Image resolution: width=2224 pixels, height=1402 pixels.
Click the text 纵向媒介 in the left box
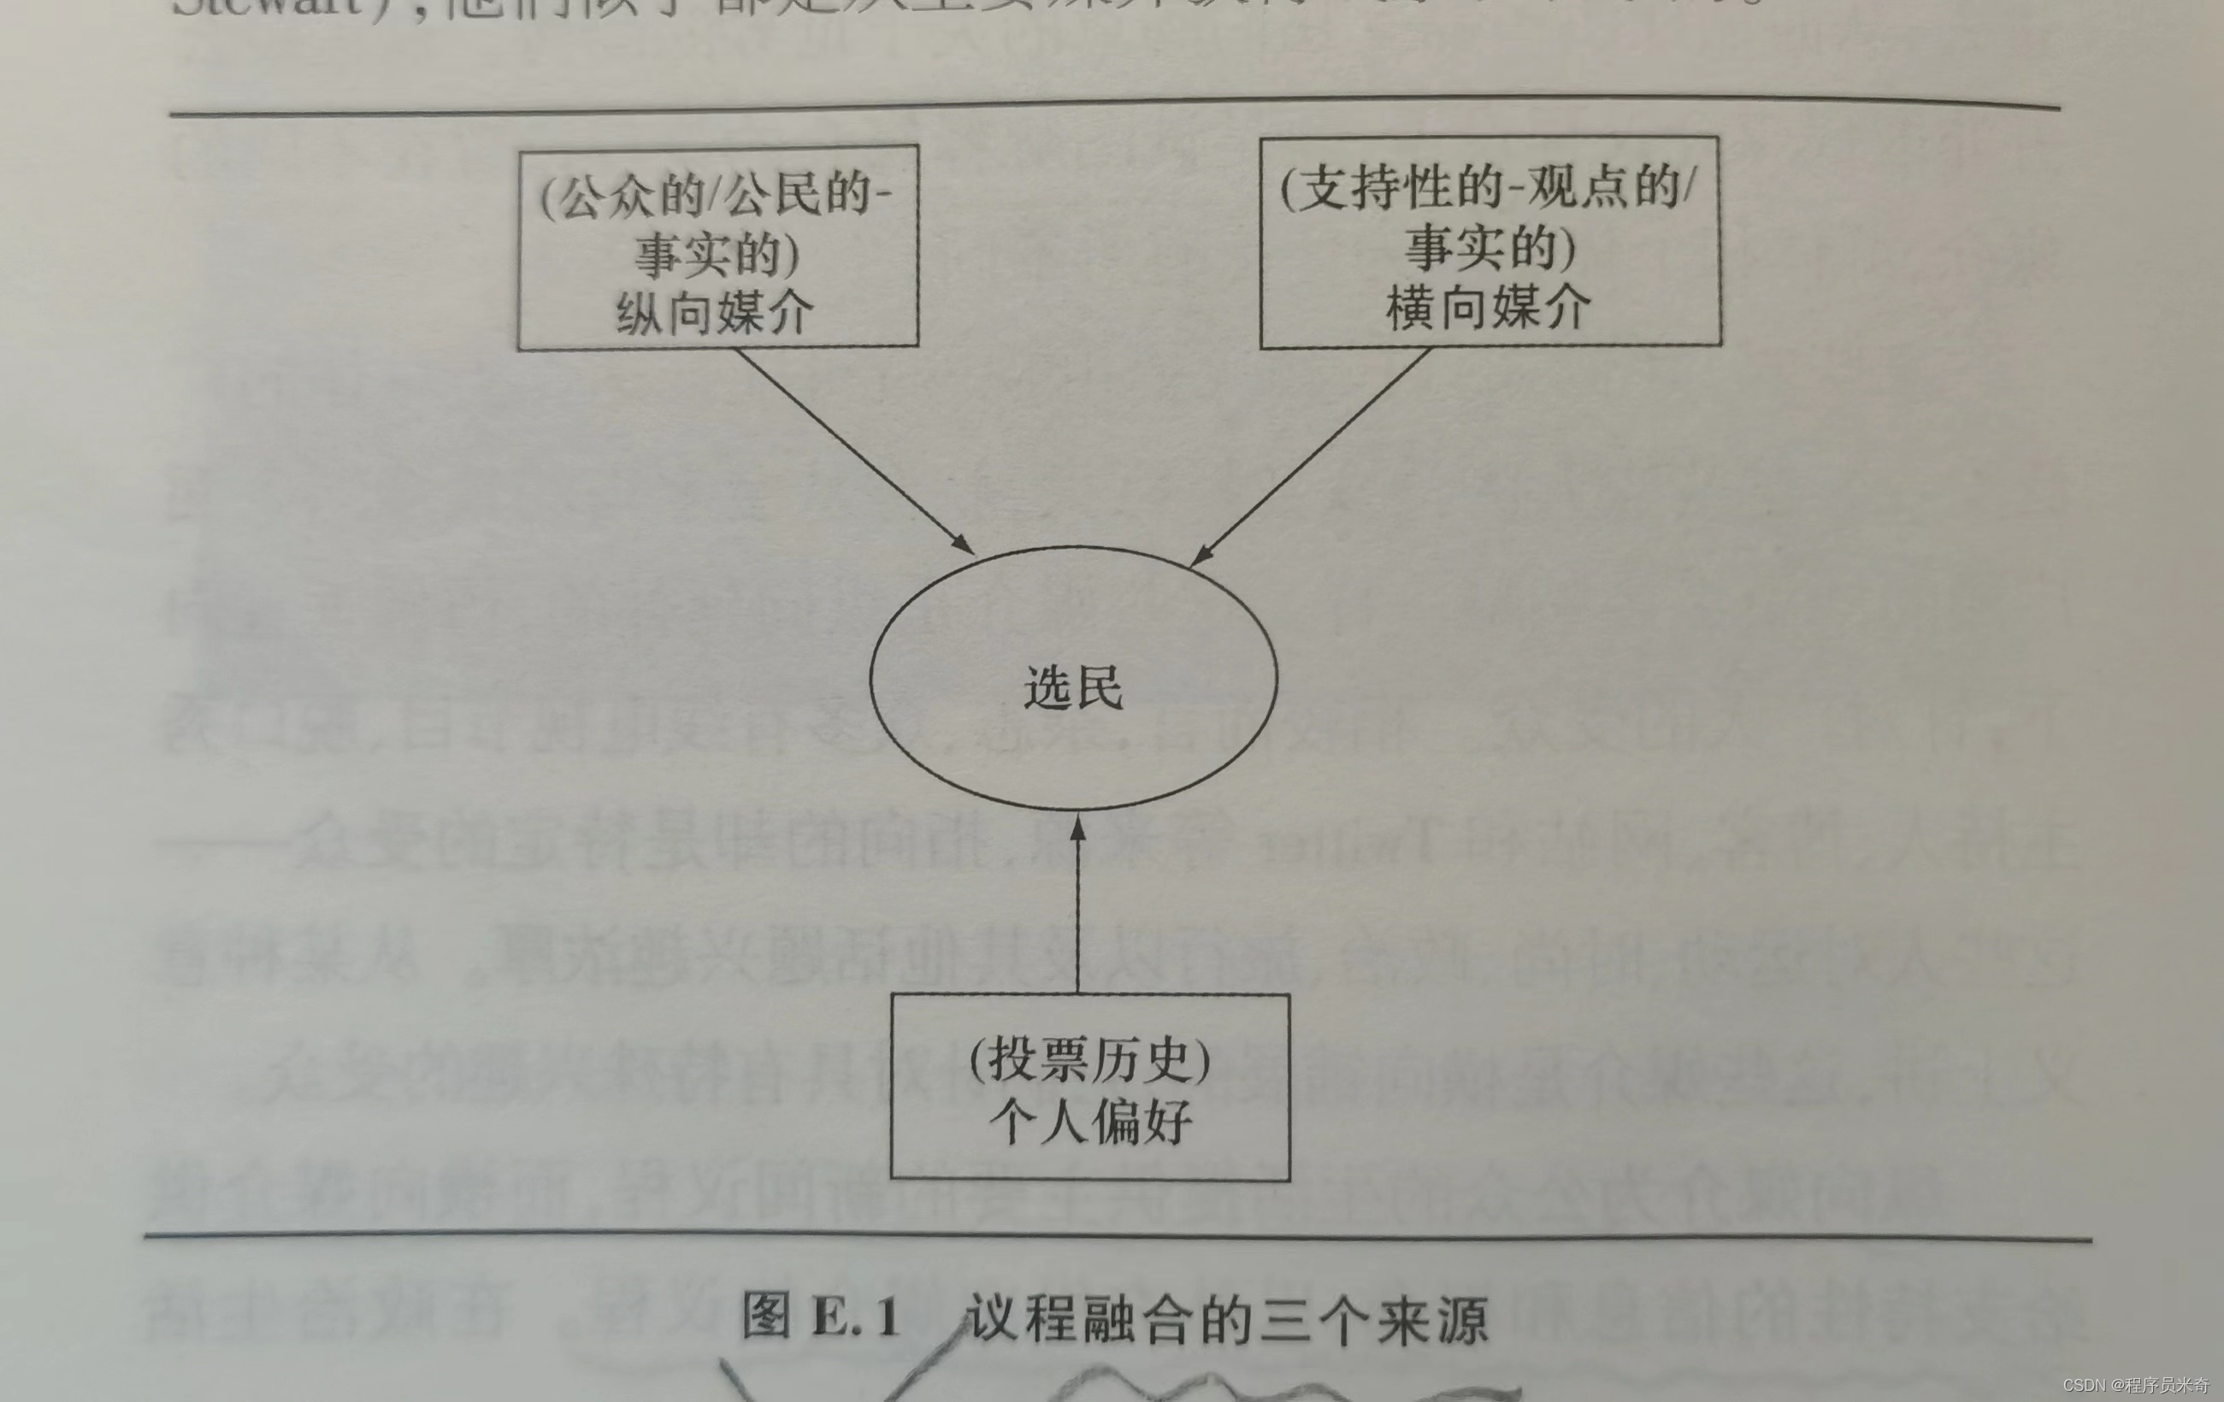click(715, 313)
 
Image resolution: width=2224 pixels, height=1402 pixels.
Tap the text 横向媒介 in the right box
click(1488, 307)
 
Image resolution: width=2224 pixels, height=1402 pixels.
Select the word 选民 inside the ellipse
click(1073, 688)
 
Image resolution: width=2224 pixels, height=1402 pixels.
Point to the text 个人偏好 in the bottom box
click(1090, 1123)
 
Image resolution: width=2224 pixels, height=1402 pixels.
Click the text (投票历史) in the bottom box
click(1090, 1060)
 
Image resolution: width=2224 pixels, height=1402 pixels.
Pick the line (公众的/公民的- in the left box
click(716, 196)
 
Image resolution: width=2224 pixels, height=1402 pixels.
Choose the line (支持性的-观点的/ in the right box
click(1488, 188)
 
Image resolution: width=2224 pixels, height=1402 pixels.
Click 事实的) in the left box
click(716, 254)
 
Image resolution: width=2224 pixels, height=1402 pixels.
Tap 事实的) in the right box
click(1490, 248)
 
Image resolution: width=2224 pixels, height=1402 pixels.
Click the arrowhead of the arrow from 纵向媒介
click(965, 545)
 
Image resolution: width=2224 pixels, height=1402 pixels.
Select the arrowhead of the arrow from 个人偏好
click(1077, 828)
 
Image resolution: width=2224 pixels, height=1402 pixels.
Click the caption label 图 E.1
click(821, 1317)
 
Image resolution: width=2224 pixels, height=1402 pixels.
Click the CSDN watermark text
click(2134, 1384)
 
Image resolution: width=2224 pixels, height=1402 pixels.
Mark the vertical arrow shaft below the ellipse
click(1077, 915)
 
